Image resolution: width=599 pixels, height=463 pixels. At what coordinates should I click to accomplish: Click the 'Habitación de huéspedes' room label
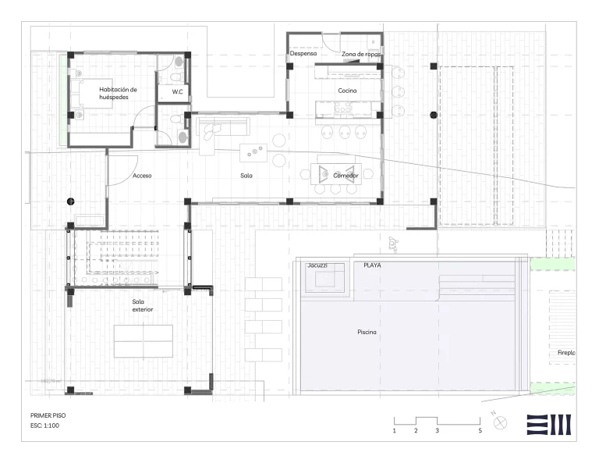(118, 93)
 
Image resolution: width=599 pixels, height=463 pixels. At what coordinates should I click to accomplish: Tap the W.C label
(177, 92)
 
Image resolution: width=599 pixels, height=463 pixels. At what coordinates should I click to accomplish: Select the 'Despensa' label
(303, 54)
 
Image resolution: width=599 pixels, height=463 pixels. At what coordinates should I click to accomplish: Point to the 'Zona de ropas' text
(360, 54)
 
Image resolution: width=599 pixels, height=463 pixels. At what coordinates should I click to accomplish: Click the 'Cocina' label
(347, 91)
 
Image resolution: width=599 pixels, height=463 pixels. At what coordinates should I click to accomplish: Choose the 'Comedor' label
(346, 176)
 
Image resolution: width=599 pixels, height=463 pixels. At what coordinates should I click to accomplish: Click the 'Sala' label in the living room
(246, 176)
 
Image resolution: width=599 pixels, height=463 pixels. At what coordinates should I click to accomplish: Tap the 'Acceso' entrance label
(142, 176)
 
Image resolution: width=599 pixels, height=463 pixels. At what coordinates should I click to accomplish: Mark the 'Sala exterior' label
(143, 305)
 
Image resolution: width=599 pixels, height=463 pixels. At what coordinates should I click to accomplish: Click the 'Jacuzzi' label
(317, 265)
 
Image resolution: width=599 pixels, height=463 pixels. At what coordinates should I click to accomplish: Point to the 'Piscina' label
(367, 333)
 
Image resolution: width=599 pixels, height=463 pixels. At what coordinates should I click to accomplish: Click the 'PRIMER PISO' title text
(49, 416)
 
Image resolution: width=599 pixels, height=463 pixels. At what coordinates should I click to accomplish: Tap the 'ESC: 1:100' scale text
(44, 426)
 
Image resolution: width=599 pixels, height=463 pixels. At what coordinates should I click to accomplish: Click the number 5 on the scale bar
(480, 430)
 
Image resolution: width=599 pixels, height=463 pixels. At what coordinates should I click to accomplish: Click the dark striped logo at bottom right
(550, 424)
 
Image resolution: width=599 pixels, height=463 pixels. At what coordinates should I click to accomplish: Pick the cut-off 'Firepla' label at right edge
(566, 353)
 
